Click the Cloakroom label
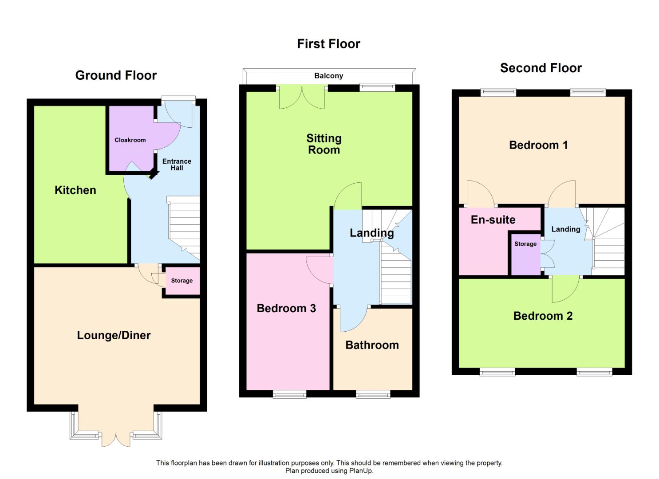coord(130,140)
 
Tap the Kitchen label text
coord(75,190)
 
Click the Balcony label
coord(329,76)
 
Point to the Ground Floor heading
coord(116,75)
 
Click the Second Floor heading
coord(541,68)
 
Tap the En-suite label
coord(493,220)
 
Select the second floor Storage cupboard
coord(526,255)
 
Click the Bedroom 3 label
coord(286,308)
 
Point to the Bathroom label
coord(372,345)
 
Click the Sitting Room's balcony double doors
coord(302,97)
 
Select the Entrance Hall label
coord(177,165)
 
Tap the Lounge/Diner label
coord(114,335)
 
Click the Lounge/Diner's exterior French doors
coord(116,440)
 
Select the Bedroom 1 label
coord(538,145)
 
